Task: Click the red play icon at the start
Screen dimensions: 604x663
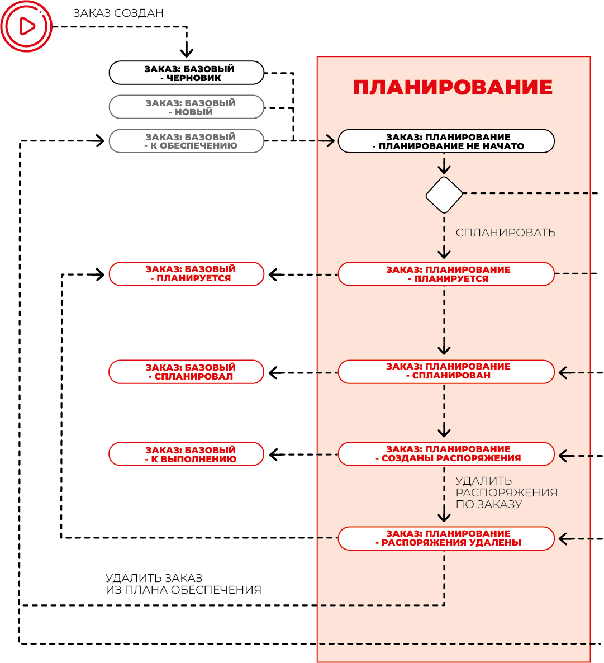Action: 26,26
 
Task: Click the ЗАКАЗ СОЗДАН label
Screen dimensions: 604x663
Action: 118,13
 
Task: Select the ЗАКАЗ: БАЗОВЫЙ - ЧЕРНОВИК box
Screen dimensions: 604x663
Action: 187,73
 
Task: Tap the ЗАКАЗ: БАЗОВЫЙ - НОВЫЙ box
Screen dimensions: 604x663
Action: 187,107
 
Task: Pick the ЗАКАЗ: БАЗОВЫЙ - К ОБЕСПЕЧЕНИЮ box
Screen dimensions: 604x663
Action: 187,141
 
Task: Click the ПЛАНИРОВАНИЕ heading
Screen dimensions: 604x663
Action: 453,88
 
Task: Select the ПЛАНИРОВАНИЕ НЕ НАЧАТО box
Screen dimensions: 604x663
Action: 446,141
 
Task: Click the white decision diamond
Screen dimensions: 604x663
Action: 444,195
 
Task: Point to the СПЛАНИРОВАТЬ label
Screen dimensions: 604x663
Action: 506,233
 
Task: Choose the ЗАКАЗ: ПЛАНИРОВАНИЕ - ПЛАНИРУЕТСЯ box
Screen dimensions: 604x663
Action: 446,274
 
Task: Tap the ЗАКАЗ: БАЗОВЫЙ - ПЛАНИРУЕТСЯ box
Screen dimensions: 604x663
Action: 187,274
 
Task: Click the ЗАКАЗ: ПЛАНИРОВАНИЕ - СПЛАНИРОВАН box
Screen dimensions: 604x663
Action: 446,372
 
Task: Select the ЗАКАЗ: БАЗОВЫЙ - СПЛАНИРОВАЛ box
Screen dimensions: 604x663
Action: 187,372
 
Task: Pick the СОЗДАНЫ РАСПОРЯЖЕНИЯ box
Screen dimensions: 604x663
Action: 446,454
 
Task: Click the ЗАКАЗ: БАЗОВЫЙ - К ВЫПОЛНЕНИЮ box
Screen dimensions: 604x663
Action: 187,454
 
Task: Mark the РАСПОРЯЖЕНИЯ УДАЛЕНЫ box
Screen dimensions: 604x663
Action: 446,539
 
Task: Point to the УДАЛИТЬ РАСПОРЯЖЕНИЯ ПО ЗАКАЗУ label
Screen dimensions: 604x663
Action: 506,492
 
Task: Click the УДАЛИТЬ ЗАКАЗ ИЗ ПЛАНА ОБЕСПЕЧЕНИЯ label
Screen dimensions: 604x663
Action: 183,584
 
